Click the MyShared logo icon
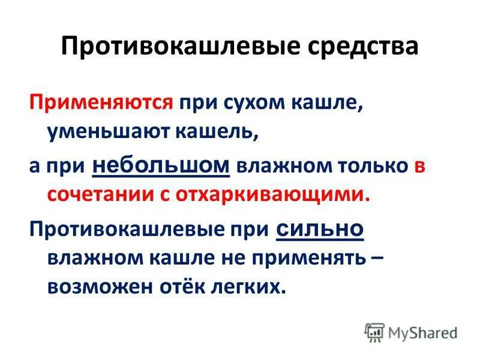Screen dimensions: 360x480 click(373, 331)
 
